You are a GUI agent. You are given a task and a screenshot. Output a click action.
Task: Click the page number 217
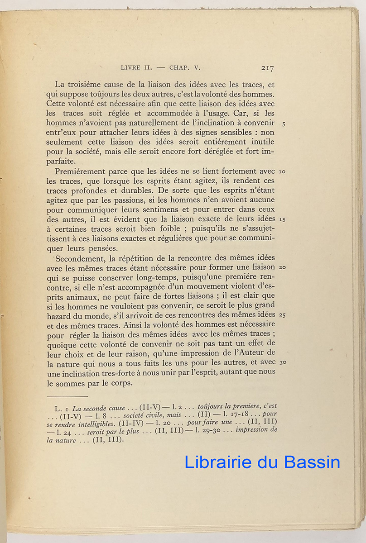click(x=267, y=68)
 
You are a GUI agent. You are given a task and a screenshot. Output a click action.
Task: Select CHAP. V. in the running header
click(x=184, y=68)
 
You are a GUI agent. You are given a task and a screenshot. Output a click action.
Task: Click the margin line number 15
click(x=282, y=219)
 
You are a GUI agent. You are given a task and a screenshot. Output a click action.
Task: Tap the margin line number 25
click(x=282, y=314)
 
